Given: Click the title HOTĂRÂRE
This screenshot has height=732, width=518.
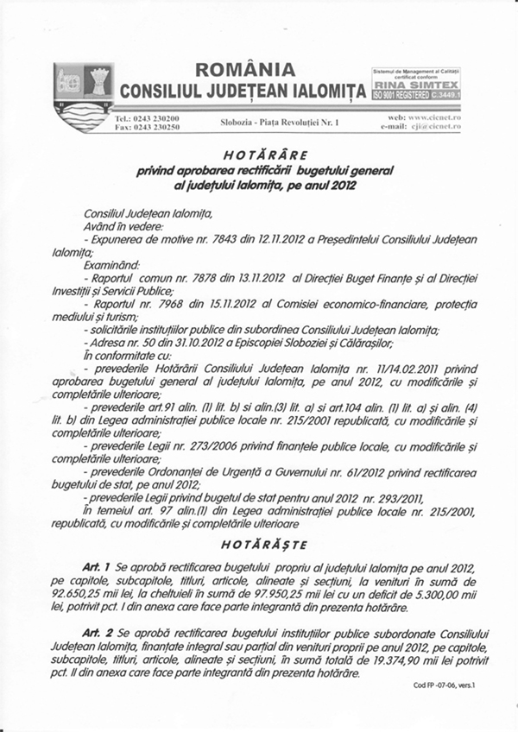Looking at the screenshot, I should (x=258, y=155).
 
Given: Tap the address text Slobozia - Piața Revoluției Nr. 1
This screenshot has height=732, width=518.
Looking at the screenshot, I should (x=281, y=124).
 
